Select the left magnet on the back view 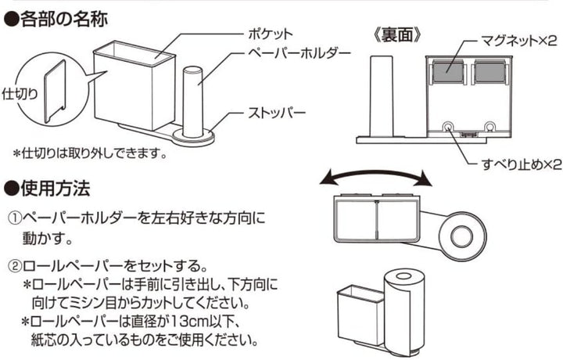click(446, 72)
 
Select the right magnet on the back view click(489, 72)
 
